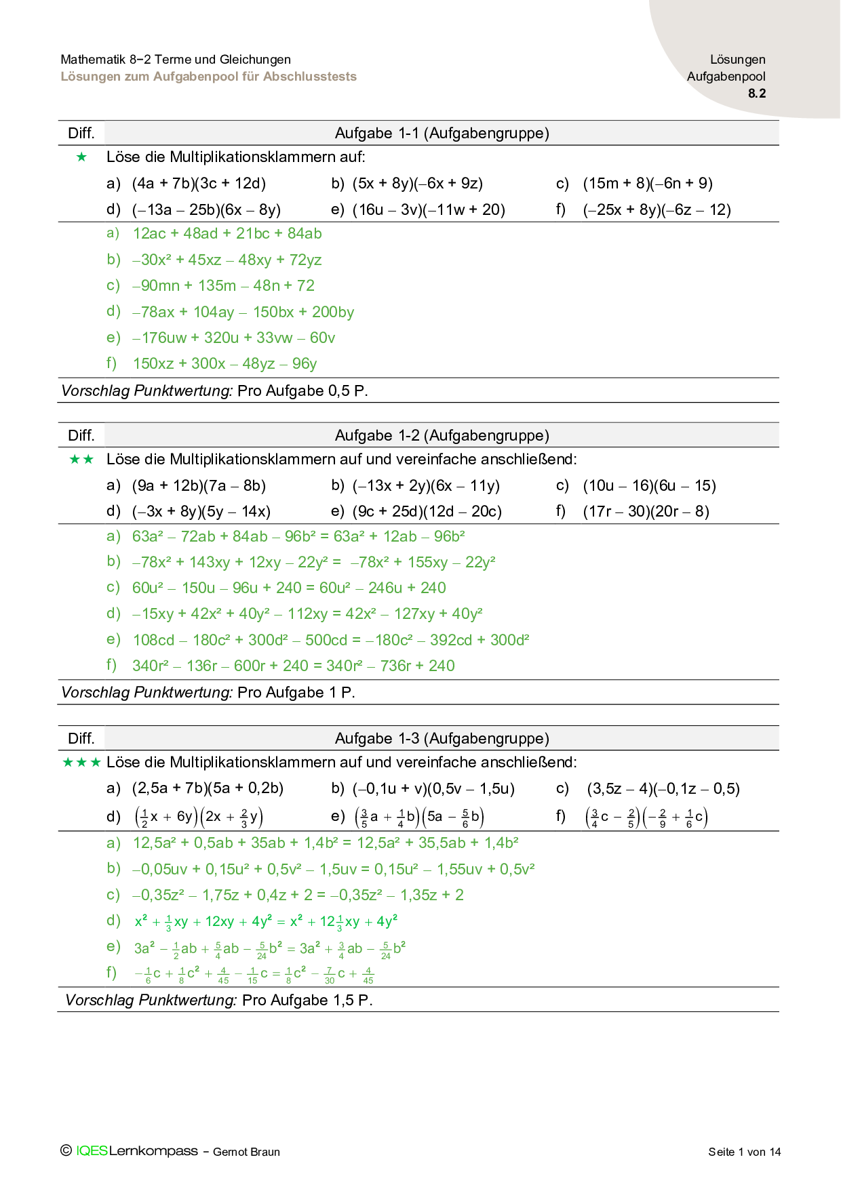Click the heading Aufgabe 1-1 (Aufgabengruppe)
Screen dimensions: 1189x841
[x=442, y=134]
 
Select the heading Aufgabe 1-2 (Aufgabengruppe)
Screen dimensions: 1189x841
[x=442, y=436]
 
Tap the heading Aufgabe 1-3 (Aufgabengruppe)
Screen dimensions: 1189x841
[x=442, y=739]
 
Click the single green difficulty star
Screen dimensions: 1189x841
[x=82, y=157]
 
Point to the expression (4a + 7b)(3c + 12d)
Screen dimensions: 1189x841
[x=199, y=184]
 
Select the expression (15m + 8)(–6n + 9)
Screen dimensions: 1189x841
[x=647, y=184]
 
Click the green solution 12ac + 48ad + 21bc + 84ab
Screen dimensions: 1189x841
[x=227, y=234]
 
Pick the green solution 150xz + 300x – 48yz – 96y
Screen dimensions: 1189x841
[x=224, y=364]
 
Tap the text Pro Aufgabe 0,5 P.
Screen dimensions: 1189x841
[x=302, y=391]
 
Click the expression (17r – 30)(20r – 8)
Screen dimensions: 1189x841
[x=646, y=512]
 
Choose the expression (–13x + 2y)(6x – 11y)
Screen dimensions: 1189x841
[x=426, y=486]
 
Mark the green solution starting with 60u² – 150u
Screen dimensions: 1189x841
[x=289, y=588]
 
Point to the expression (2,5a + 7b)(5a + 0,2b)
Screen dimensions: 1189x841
[x=208, y=789]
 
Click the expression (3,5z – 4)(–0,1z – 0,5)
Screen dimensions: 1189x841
[x=663, y=789]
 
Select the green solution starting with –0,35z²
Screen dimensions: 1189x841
[x=298, y=895]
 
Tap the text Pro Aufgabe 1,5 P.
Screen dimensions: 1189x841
[x=307, y=1001]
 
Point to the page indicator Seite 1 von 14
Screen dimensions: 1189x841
[x=744, y=1152]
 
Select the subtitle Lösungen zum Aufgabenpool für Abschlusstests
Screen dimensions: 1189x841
[x=208, y=77]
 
